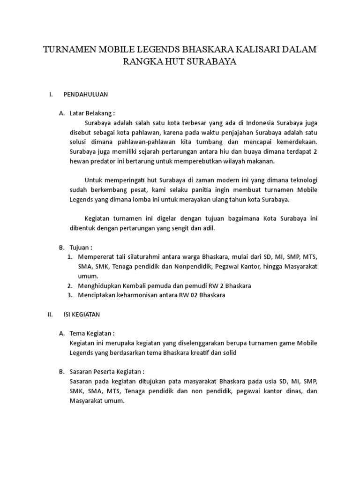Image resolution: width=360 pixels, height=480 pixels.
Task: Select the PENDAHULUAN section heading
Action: pyautogui.click(x=86, y=94)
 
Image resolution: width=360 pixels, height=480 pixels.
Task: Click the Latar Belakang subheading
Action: pyautogui.click(x=92, y=113)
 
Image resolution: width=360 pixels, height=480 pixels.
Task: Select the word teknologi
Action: pyautogui.click(x=303, y=180)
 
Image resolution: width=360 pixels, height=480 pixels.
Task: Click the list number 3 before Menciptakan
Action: pyautogui.click(x=69, y=295)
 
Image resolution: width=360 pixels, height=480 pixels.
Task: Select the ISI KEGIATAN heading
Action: pyautogui.click(x=82, y=315)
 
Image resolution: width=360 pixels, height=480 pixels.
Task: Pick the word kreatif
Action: pyautogui.click(x=199, y=352)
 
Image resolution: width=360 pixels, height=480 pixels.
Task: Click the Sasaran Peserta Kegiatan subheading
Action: pyautogui.click(x=110, y=372)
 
